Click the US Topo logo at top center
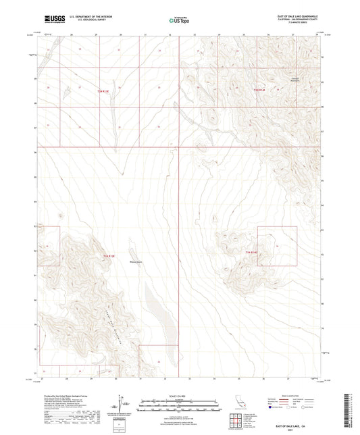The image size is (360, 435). (x=179, y=20)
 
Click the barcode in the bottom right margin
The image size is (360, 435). (x=349, y=409)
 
